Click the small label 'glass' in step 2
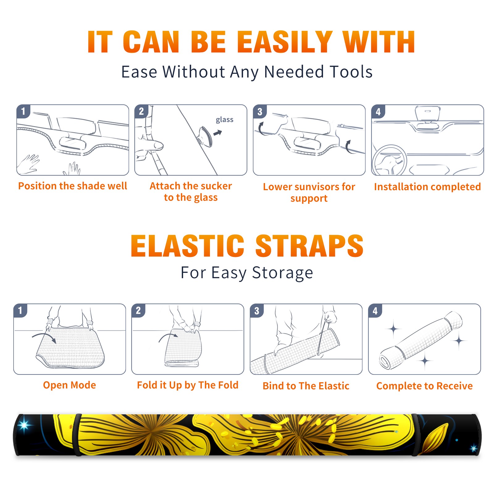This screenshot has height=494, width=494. coord(224,120)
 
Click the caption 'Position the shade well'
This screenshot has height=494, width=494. coord(73,186)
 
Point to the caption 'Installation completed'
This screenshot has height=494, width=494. coord(427,186)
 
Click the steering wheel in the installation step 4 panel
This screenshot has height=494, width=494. coord(389,160)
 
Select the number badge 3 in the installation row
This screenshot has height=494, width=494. coord(260,111)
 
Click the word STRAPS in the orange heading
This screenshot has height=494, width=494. coord(309,246)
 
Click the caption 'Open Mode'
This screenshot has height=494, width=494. coord(69,385)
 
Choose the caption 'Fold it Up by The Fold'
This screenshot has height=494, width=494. coord(188,385)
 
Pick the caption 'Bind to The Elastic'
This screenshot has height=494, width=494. coord(306,386)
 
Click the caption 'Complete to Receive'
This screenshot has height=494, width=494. coord(425,386)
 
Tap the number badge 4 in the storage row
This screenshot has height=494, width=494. coord(375,311)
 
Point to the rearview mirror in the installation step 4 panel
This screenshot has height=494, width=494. coord(428,114)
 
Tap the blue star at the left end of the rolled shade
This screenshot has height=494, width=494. coord(24,425)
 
